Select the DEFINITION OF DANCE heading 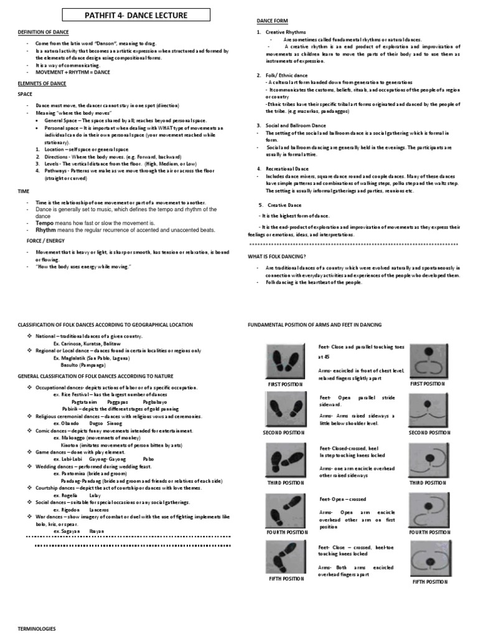coord(43,32)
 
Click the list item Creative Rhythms coord(287,32)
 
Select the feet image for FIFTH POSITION coord(285,558)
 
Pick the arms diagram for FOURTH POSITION coord(429,508)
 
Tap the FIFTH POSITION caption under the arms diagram coord(429,582)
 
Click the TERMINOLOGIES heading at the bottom coord(37,629)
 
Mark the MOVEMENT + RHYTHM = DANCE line coord(68,71)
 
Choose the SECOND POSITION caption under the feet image coord(284,432)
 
